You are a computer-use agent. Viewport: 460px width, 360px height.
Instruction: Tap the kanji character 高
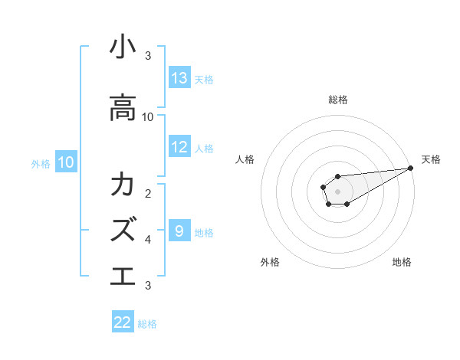pyautogui.click(x=123, y=109)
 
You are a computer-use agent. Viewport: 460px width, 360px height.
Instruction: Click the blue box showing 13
pyautogui.click(x=179, y=78)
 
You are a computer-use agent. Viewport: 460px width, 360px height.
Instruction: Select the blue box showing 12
pyautogui.click(x=179, y=148)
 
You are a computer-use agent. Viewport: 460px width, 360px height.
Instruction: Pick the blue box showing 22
pyautogui.click(x=123, y=322)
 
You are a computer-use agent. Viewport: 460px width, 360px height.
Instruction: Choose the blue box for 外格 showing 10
pyautogui.click(x=65, y=162)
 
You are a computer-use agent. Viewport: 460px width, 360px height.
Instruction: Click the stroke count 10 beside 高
pyautogui.click(x=148, y=117)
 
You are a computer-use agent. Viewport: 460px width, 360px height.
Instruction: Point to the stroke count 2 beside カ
pyautogui.click(x=148, y=193)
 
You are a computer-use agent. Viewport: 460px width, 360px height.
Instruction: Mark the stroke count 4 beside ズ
pyautogui.click(x=148, y=240)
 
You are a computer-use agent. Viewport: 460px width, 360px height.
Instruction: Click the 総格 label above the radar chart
pyautogui.click(x=338, y=100)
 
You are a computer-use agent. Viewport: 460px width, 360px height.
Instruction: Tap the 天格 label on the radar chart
pyautogui.click(x=432, y=159)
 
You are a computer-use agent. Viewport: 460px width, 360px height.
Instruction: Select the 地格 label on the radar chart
pyautogui.click(x=402, y=262)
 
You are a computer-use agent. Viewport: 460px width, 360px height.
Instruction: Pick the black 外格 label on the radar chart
pyautogui.click(x=270, y=262)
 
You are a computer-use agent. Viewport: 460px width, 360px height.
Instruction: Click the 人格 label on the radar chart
pyautogui.click(x=245, y=159)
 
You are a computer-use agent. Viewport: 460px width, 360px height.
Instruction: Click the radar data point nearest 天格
pyautogui.click(x=411, y=168)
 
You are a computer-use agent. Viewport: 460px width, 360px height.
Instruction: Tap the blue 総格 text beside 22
pyautogui.click(x=147, y=323)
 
